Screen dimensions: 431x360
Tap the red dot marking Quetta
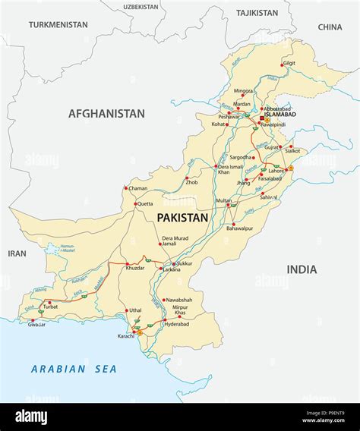coord(136,204)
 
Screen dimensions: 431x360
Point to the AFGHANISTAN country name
coord(106,114)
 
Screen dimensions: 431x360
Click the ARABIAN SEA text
coord(74,369)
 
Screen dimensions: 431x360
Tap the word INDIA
coord(302,269)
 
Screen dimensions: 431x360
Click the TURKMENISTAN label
coord(58,25)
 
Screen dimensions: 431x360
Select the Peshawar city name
coord(229,118)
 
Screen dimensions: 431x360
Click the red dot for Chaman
coord(126,188)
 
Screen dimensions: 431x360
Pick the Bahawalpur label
coord(243,228)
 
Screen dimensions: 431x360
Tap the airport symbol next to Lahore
coord(290,168)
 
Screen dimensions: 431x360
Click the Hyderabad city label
coord(178,324)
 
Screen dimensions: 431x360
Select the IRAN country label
coord(16,253)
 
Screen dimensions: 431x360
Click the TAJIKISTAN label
coord(257,13)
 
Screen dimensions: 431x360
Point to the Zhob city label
coord(192,182)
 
